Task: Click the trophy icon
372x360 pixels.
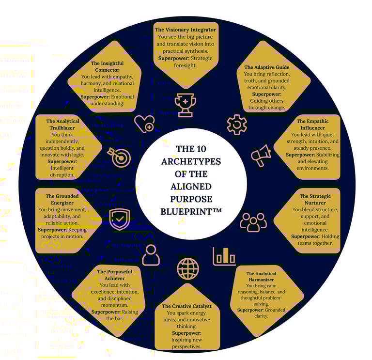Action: [185, 105]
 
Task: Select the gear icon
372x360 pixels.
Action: [237, 124]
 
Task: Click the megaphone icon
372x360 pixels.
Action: [261, 156]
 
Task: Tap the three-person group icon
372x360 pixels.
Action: [253, 221]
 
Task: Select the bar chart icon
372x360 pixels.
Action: [224, 256]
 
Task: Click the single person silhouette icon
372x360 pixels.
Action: [151, 254]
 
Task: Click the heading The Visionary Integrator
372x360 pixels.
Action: [186, 30]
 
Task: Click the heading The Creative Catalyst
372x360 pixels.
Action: [186, 306]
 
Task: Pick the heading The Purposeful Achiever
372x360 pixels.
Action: [114, 275]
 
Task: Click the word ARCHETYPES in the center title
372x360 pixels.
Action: [191, 161]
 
